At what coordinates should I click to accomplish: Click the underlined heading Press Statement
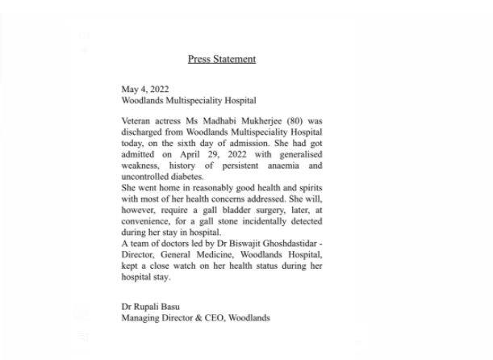(222, 59)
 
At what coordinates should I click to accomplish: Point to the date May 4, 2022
(145, 89)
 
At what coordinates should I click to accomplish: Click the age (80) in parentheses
(295, 120)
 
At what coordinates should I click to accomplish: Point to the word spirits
(308, 187)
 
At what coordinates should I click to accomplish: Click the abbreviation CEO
(211, 318)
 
